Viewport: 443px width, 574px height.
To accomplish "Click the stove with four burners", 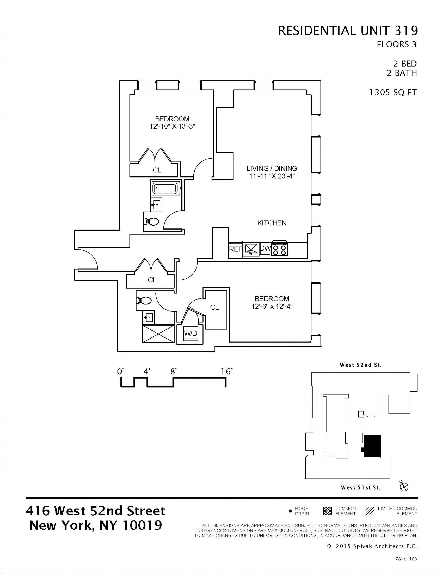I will coord(280,248).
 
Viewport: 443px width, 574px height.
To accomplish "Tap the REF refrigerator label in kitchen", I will coord(235,249).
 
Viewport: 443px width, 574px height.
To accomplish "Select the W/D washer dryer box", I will coord(190,333).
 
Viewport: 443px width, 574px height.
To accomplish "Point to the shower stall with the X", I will coord(158,334).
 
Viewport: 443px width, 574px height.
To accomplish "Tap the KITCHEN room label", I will coord(272,223).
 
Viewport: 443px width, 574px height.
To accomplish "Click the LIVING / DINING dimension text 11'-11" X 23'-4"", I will coord(272,176).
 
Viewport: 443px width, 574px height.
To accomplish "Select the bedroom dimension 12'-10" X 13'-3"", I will coord(172,127).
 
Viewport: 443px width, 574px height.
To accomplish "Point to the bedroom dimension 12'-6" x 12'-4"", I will coord(272,306).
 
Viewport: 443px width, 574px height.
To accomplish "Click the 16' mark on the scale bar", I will coord(226,371).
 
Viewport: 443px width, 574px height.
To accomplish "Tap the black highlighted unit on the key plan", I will coord(372,446).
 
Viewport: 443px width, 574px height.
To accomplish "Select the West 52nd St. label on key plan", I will coord(361,365).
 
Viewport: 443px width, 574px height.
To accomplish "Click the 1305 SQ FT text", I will coord(393,93).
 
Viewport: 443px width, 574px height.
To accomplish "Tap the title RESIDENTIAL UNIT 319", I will coord(348,31).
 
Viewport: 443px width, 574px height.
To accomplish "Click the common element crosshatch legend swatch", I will coord(328,511).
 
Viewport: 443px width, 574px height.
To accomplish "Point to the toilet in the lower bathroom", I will coord(144,300).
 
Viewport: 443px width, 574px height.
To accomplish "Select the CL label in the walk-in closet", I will coord(214,307).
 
